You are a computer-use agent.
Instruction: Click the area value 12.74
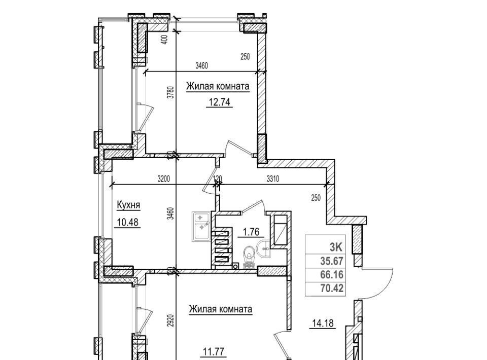[219, 102]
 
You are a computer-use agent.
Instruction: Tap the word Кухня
[128, 205]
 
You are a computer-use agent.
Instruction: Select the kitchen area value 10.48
[128, 222]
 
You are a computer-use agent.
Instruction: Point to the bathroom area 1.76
[251, 232]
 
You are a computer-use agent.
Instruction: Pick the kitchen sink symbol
[201, 227]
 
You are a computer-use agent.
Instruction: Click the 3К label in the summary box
[336, 247]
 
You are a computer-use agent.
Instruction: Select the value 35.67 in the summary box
[332, 261]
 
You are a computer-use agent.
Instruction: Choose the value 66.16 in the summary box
[332, 275]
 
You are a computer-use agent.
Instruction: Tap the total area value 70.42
[332, 289]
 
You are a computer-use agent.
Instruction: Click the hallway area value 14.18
[323, 323]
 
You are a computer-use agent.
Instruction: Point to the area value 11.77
[213, 352]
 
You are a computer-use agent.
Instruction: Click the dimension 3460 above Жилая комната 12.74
[201, 66]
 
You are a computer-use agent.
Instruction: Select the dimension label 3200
[164, 179]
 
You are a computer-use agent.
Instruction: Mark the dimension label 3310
[273, 179]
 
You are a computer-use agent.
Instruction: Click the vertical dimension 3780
[170, 92]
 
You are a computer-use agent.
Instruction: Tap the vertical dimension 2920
[170, 320]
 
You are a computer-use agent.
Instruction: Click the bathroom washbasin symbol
[264, 248]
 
